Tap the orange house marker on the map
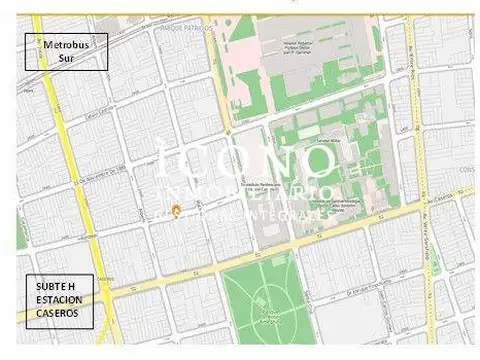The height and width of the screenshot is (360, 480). point(177,210)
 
